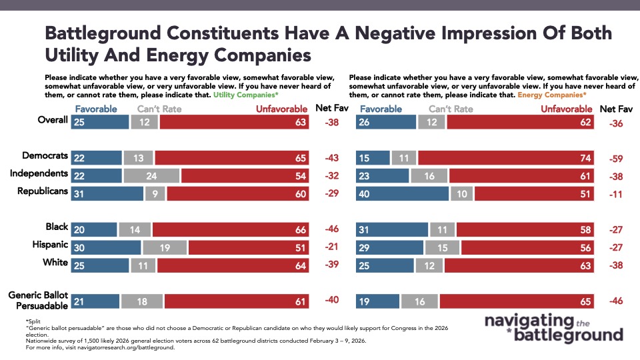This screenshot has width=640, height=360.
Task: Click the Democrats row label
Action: coord(45,156)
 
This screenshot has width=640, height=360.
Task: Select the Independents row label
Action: coord(39,174)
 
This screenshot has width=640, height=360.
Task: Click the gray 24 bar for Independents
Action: coord(151,175)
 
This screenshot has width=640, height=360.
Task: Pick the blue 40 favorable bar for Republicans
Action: coord(403,193)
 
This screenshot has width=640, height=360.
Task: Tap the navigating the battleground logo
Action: coord(553,327)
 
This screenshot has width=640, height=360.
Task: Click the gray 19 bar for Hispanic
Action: coord(165,248)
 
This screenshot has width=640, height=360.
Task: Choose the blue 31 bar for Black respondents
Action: coord(392,230)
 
